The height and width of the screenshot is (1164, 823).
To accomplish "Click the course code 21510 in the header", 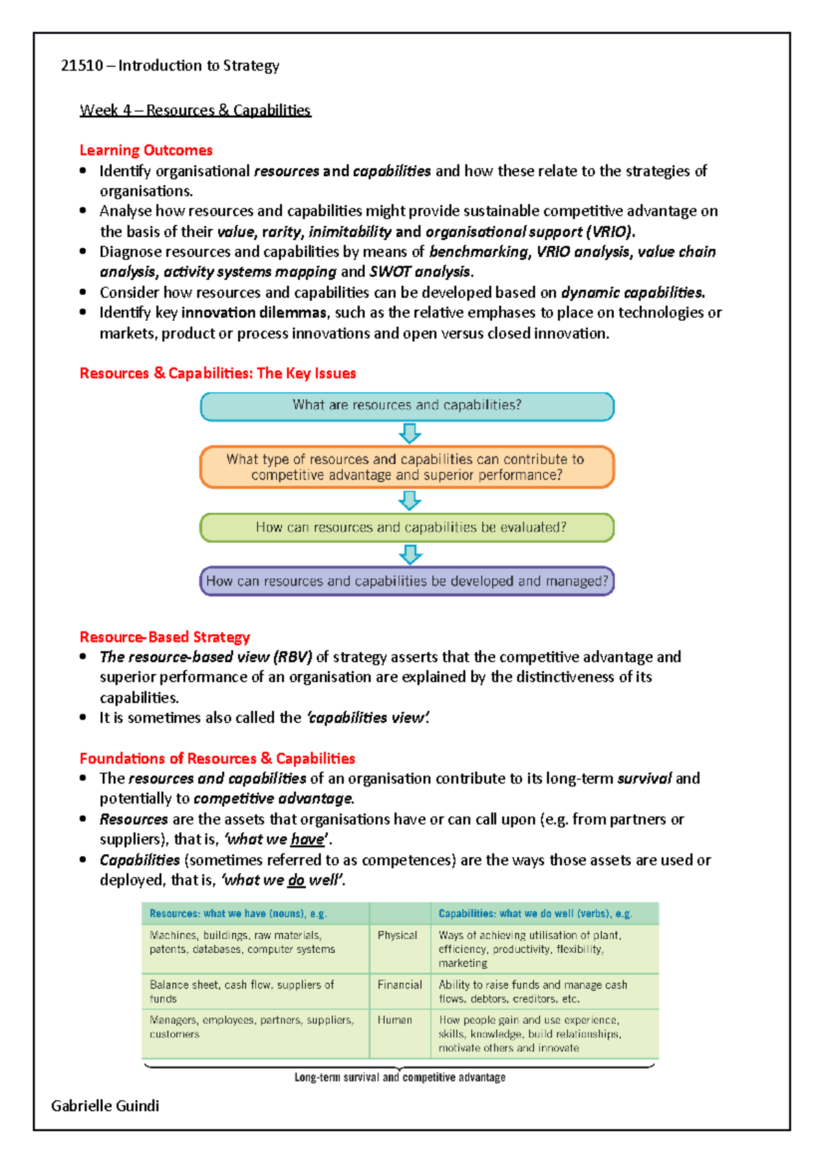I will click(x=82, y=66).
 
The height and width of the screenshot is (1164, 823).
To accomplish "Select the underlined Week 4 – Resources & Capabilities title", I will click(x=195, y=110).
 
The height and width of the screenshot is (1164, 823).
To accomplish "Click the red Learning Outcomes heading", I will click(x=146, y=150).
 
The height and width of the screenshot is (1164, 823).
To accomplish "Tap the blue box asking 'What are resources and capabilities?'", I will click(x=407, y=406).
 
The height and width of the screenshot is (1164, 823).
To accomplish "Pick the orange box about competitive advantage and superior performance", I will click(x=407, y=468).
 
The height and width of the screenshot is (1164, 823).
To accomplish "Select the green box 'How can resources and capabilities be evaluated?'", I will click(x=407, y=528).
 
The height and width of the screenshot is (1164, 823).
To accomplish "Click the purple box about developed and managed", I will click(x=407, y=581).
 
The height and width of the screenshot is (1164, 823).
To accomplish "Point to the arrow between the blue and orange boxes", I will click(x=409, y=433).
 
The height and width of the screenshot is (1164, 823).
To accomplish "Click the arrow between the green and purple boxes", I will click(x=409, y=554).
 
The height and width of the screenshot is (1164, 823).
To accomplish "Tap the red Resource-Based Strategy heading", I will click(x=165, y=637).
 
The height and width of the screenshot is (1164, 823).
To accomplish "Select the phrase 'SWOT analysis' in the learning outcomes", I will click(x=420, y=272).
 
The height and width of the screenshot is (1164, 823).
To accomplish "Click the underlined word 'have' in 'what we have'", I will click(x=307, y=840).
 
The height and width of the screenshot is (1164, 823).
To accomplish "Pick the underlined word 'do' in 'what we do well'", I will click(x=296, y=880).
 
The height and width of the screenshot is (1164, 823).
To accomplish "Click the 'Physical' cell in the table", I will click(x=397, y=935).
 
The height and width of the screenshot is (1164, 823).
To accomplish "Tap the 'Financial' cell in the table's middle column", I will click(x=399, y=984).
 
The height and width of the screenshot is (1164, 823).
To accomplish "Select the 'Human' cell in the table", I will click(x=394, y=1020).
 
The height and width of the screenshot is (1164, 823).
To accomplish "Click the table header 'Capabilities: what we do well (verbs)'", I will click(x=535, y=914).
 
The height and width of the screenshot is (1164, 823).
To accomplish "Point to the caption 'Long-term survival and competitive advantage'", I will click(x=400, y=1078).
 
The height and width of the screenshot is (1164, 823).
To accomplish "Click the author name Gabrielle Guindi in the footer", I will click(x=105, y=1106).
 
